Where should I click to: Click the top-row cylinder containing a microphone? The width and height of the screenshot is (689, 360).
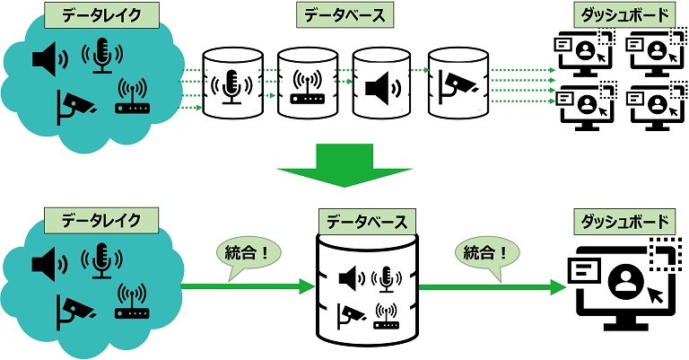point(233,84)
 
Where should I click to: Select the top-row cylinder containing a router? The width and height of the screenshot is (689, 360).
point(307,84)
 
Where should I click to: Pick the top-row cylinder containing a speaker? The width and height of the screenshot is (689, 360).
point(381,84)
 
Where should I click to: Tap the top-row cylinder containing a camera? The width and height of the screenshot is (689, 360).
point(457,84)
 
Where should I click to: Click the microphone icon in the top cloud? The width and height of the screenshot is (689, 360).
point(100,56)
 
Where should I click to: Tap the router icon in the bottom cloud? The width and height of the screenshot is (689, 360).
point(131,301)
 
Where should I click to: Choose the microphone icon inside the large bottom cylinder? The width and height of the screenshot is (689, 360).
point(386,280)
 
